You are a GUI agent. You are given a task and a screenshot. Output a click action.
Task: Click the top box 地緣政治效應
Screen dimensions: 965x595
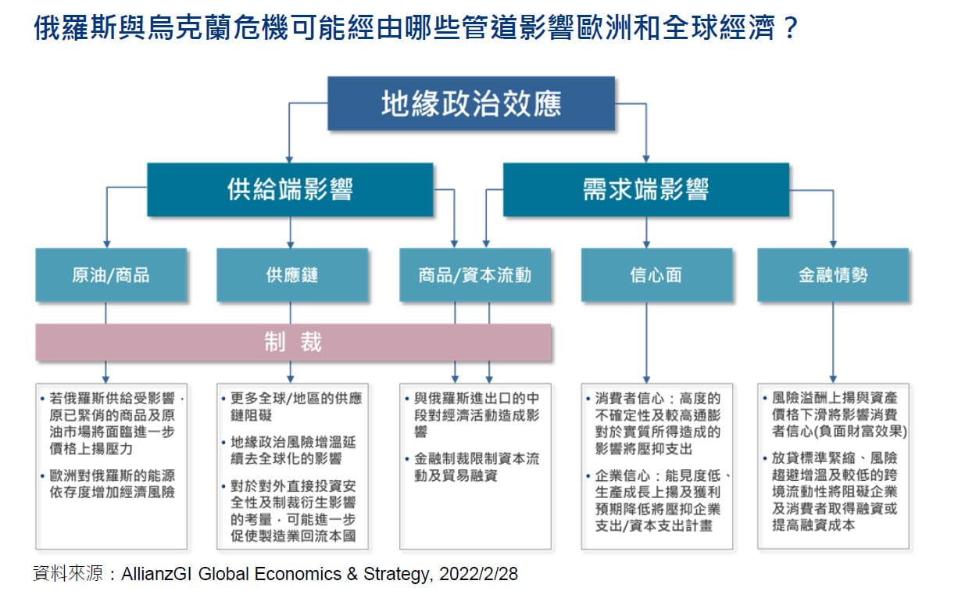[471, 103]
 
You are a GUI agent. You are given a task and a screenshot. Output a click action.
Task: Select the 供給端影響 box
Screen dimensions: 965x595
[290, 189]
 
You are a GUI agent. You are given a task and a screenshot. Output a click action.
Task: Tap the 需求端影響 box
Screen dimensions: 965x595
[645, 189]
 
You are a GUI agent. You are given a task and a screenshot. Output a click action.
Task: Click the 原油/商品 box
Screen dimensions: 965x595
[111, 274]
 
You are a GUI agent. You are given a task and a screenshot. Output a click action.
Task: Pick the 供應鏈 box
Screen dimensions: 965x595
[292, 274]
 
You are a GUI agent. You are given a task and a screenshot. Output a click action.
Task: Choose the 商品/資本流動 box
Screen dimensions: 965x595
[475, 274]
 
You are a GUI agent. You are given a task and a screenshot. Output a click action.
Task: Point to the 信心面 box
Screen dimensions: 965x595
[656, 274]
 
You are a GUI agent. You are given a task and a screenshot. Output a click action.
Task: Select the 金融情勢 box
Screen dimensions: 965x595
[833, 274]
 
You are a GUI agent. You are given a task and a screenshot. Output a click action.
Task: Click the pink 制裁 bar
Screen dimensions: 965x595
[293, 342]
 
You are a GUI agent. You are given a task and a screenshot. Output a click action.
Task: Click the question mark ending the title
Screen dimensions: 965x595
[791, 27]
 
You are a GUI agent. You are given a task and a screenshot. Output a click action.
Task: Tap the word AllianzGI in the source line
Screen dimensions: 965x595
[156, 574]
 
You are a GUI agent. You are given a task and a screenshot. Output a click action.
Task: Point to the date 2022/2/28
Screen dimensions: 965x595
[478, 574]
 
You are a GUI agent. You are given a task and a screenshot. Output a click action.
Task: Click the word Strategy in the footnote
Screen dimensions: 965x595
[396, 575]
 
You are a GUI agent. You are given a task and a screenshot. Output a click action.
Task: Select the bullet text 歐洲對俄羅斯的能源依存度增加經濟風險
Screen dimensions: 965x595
[112, 484]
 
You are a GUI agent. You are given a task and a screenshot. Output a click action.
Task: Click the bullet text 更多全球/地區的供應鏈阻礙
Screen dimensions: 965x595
[296, 407]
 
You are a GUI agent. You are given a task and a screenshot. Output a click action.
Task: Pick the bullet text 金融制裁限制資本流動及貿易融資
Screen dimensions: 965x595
[477, 467]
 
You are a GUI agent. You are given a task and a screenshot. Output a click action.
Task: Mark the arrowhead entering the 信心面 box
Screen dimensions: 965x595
[646, 245]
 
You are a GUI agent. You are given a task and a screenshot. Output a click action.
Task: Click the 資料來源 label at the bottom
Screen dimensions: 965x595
[68, 574]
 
